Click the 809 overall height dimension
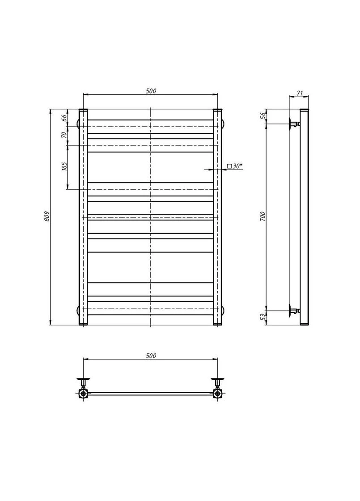(47, 217)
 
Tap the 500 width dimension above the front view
(151, 91)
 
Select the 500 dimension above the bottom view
(151, 356)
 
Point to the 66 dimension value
(64, 118)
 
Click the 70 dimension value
(64, 135)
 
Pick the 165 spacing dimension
(64, 167)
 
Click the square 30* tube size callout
(235, 166)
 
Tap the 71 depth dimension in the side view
(299, 93)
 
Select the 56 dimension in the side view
(263, 116)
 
